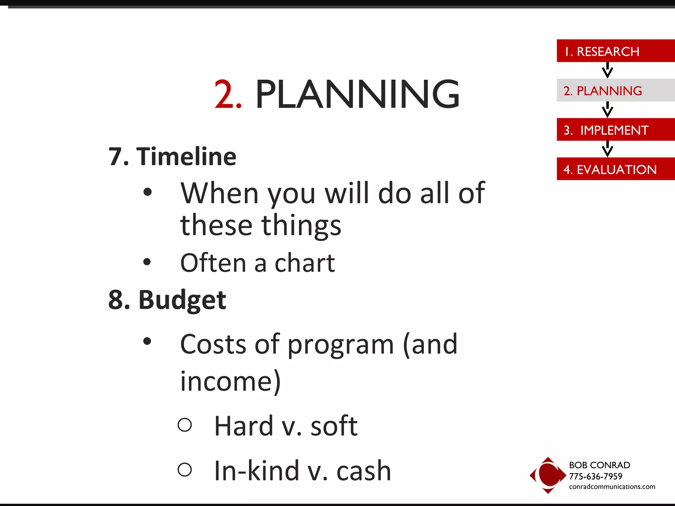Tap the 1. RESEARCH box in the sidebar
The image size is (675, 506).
pyautogui.click(x=615, y=51)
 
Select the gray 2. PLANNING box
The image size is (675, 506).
pyautogui.click(x=615, y=90)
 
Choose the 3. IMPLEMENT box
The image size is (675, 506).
pyautogui.click(x=615, y=130)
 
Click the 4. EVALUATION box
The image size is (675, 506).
pyautogui.click(x=615, y=169)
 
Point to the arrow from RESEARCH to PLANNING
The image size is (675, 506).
pyautogui.click(x=607, y=70)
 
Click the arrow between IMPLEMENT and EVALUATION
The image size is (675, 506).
pyautogui.click(x=607, y=149)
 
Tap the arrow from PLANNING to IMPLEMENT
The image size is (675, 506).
pyautogui.click(x=607, y=109)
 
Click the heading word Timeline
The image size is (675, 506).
pyautogui.click(x=186, y=156)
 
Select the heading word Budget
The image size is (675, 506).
pyautogui.click(x=182, y=300)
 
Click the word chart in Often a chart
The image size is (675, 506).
pyautogui.click(x=305, y=263)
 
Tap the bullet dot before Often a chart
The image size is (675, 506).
pyautogui.click(x=147, y=262)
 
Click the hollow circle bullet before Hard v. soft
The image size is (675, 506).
pyautogui.click(x=185, y=425)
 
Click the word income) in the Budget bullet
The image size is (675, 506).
pyautogui.click(x=230, y=381)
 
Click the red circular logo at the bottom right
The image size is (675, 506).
pyautogui.click(x=548, y=475)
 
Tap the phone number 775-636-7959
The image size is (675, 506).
pyautogui.click(x=595, y=476)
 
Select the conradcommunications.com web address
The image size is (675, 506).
pyautogui.click(x=612, y=487)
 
